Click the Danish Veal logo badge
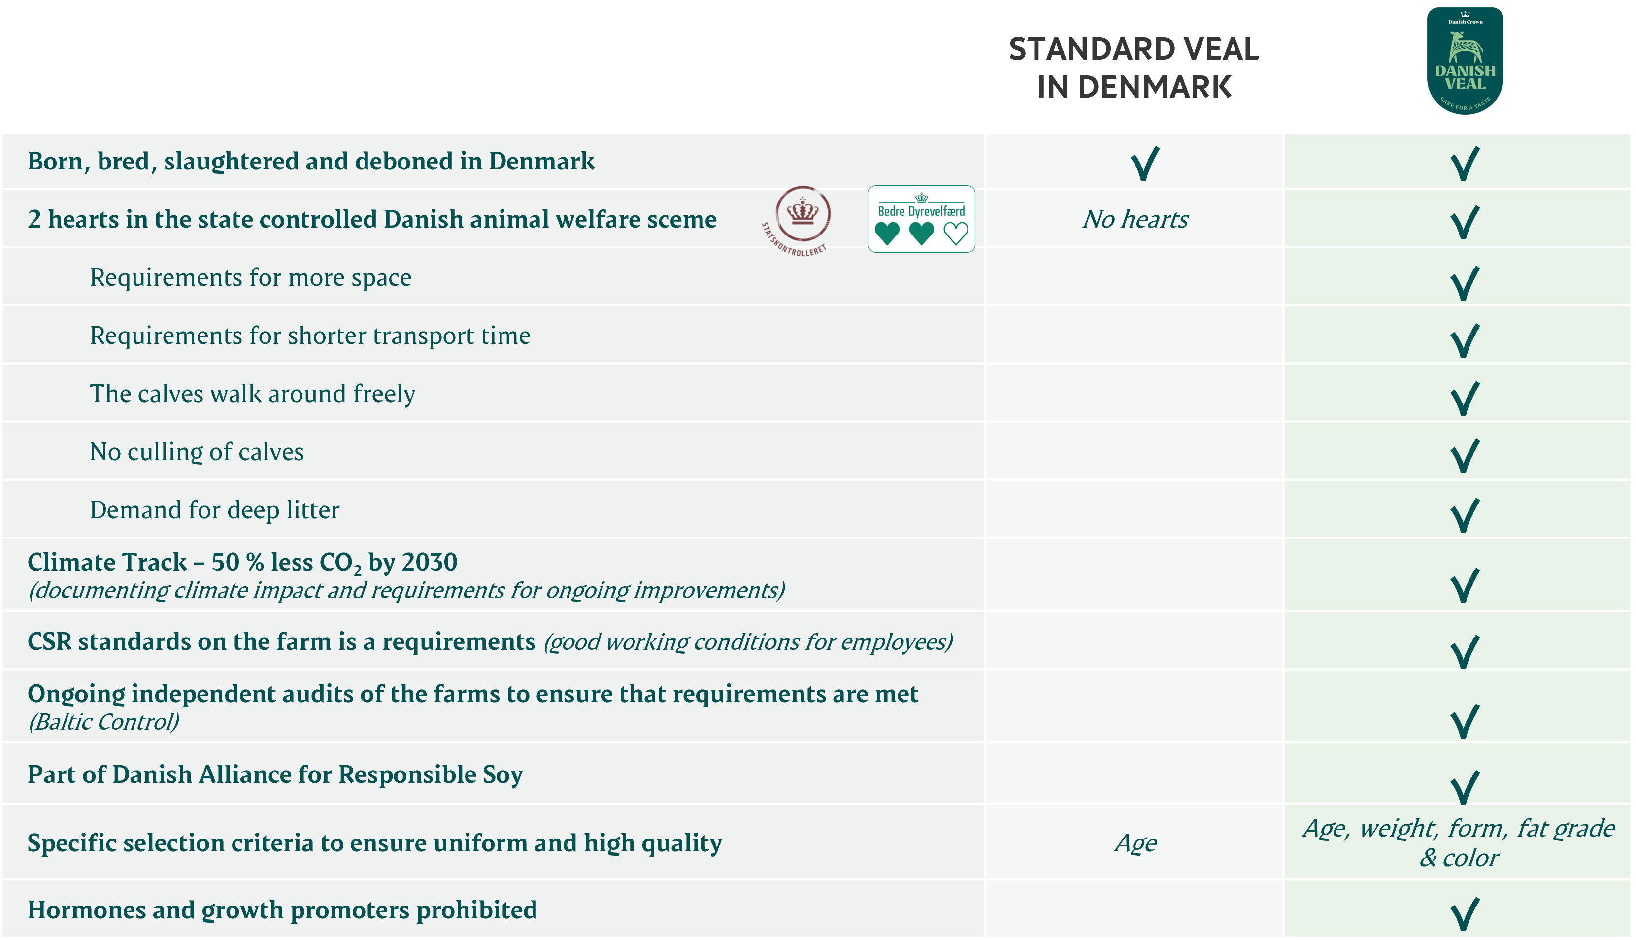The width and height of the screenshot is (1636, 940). click(x=1465, y=61)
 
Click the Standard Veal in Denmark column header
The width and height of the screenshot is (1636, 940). click(x=1134, y=68)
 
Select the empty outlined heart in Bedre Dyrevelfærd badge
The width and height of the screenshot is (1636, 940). click(x=955, y=233)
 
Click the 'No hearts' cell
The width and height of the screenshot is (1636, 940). click(x=1135, y=220)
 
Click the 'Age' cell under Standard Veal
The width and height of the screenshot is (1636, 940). click(x=1135, y=843)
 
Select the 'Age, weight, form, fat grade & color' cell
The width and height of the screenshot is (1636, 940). click(x=1459, y=842)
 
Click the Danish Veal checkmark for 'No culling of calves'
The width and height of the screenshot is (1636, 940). click(x=1465, y=456)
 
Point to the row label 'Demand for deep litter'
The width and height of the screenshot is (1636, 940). click(x=214, y=510)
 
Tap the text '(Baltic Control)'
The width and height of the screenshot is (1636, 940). click(x=104, y=722)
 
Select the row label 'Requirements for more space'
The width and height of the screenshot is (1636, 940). click(x=250, y=277)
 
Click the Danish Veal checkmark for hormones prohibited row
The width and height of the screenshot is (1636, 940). click(x=1465, y=913)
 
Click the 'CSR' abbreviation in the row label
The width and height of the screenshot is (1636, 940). click(x=49, y=642)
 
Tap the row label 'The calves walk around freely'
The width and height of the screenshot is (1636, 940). click(x=252, y=394)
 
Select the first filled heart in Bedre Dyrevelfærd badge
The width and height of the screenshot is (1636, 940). click(x=887, y=233)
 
